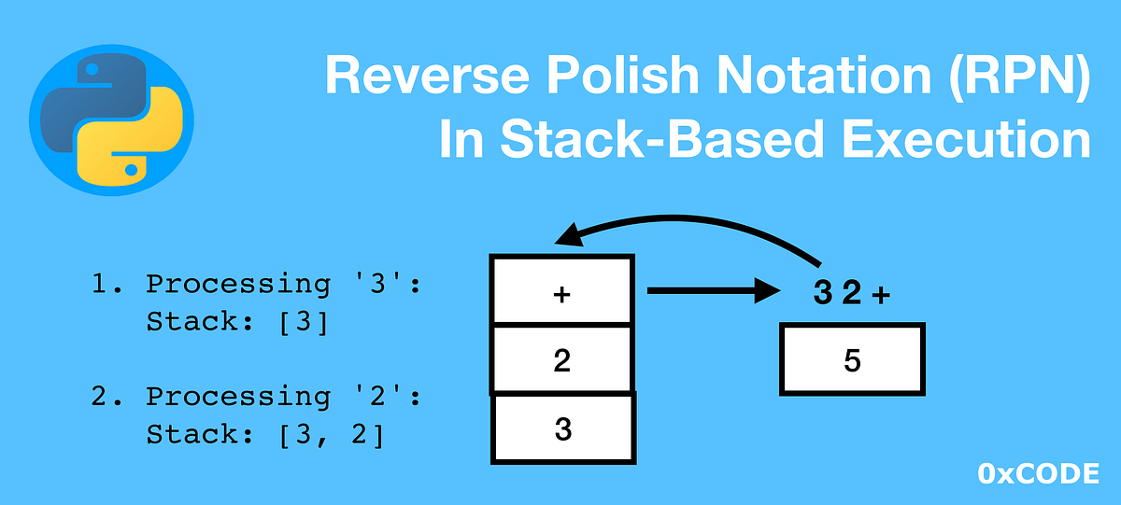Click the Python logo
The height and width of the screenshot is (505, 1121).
(111, 116)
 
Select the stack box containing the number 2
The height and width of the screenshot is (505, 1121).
(561, 359)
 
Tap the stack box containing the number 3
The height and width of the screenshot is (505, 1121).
(563, 428)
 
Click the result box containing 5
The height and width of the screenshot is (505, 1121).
(852, 359)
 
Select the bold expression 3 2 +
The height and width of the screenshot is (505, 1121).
(851, 295)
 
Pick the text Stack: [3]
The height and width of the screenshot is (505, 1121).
(237, 323)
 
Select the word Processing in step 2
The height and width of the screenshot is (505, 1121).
(237, 396)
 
